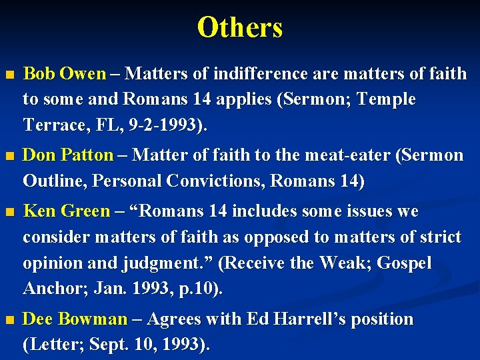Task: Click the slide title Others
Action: click(240, 28)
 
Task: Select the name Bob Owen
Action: click(64, 73)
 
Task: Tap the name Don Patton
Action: click(68, 155)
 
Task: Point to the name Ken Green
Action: click(66, 211)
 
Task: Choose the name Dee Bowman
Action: click(75, 319)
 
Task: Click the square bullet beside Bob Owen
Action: click(9, 75)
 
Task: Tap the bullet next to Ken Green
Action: click(9, 213)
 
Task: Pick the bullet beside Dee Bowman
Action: click(9, 321)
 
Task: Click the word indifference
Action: click(249, 73)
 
